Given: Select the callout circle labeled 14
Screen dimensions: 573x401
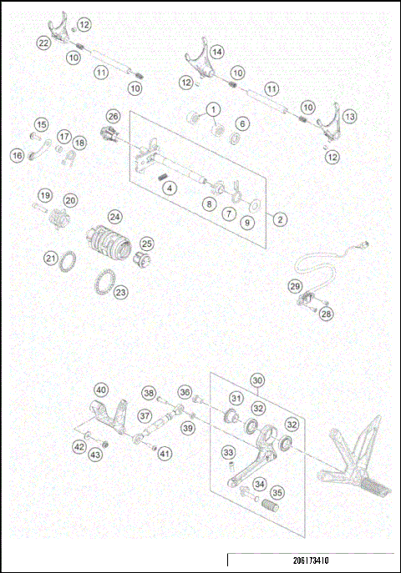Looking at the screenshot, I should [216, 52].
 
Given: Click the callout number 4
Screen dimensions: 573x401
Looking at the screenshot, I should [170, 188].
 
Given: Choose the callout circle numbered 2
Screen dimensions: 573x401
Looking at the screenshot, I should [280, 220].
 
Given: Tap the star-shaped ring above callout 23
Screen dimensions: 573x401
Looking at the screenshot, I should [107, 279].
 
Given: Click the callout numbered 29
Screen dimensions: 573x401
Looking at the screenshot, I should [295, 286].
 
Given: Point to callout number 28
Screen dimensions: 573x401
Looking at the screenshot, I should [327, 314].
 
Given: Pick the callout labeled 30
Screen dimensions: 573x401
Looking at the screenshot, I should [257, 379].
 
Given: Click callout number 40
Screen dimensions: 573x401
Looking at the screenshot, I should [100, 390].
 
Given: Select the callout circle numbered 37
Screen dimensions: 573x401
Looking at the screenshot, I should [145, 415].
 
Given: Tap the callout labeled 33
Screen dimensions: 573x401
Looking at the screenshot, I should [227, 453].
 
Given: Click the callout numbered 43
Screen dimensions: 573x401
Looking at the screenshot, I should [96, 454].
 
